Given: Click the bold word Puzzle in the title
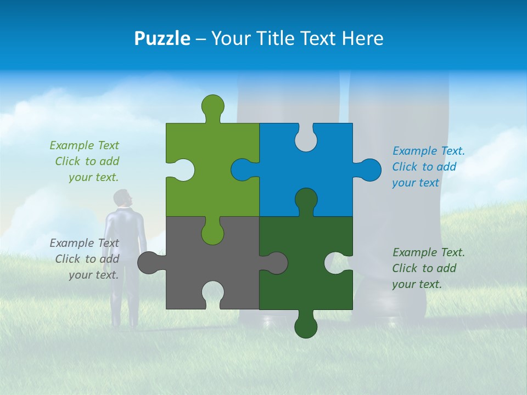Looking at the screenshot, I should click(162, 39).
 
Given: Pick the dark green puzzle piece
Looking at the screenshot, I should click(307, 285).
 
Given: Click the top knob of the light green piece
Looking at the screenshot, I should click(213, 106).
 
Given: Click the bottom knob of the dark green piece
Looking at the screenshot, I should click(306, 326).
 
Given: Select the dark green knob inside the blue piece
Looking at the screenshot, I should click(306, 200).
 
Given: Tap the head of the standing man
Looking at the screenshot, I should click(124, 199).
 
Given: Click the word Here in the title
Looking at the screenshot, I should click(363, 39).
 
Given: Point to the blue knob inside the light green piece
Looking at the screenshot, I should click(243, 170).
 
